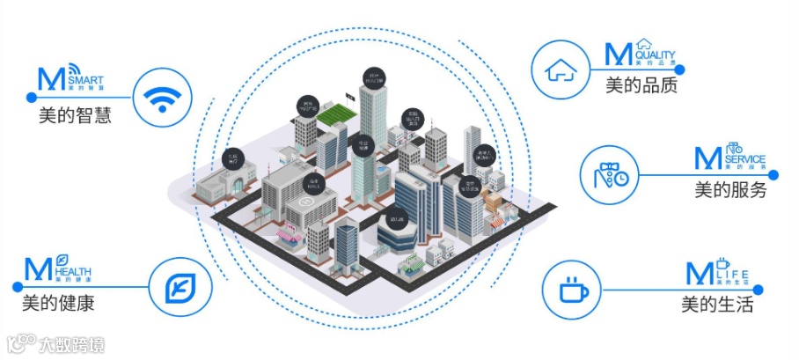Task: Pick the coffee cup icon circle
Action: (x=570, y=290)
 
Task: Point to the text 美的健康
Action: (x=58, y=304)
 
